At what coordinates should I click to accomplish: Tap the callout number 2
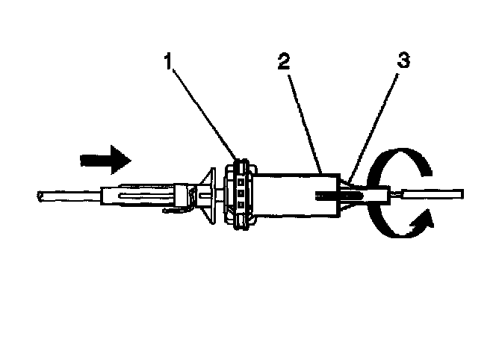pos(282,62)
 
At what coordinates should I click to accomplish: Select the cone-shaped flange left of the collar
pos(210,196)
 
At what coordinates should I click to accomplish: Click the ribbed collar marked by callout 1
pos(241,193)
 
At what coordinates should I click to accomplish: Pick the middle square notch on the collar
pos(242,192)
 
